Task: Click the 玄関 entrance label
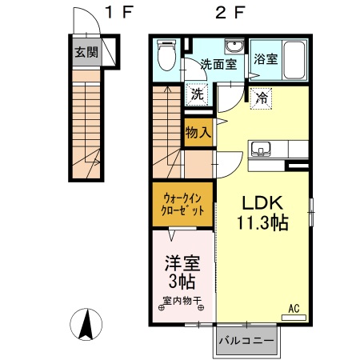[86, 53]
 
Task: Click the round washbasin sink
[234, 46]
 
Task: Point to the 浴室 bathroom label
[264, 59]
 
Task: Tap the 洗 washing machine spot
[197, 93]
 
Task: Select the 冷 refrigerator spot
[261, 98]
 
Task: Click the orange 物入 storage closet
[198, 133]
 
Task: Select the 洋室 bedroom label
[182, 263]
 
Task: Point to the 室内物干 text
[182, 302]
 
